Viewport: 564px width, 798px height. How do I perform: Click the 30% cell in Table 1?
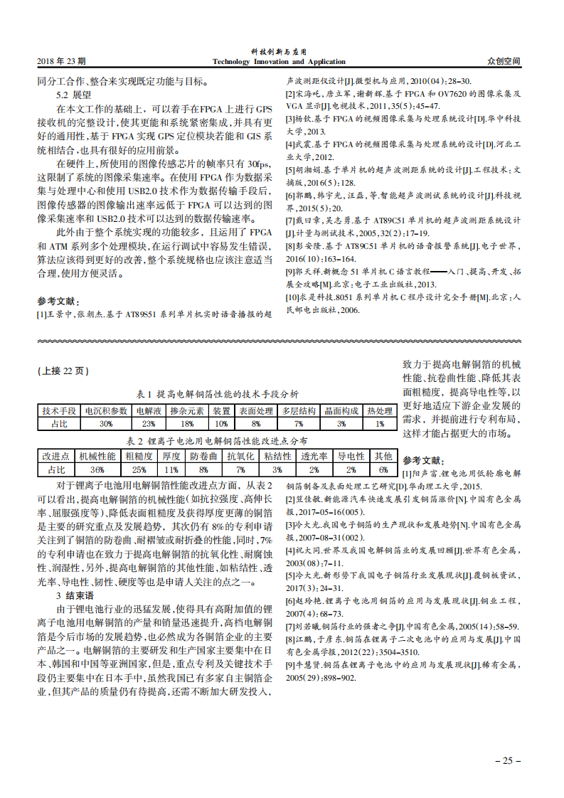106,423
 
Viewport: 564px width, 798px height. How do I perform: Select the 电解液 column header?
149,411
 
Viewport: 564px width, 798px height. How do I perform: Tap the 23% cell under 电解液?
149,423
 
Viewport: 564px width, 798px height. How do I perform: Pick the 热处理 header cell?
379,411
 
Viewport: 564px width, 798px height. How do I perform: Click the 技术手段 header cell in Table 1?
59,411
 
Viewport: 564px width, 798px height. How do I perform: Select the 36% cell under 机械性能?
97,469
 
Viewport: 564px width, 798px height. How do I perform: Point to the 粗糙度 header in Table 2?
139,457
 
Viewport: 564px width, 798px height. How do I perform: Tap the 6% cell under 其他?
383,469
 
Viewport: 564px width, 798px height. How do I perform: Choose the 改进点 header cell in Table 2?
56,457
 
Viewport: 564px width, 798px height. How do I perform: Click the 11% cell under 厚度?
171,469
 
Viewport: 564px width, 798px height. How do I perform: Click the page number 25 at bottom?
507,760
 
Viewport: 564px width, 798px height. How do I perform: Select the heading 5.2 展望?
73,94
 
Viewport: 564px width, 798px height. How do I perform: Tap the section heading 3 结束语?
75,595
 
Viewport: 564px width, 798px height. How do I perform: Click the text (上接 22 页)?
63,371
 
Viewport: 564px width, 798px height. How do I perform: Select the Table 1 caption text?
217,393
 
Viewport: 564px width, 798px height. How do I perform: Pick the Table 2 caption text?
217,440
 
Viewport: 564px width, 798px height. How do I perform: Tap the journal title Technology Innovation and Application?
279,62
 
